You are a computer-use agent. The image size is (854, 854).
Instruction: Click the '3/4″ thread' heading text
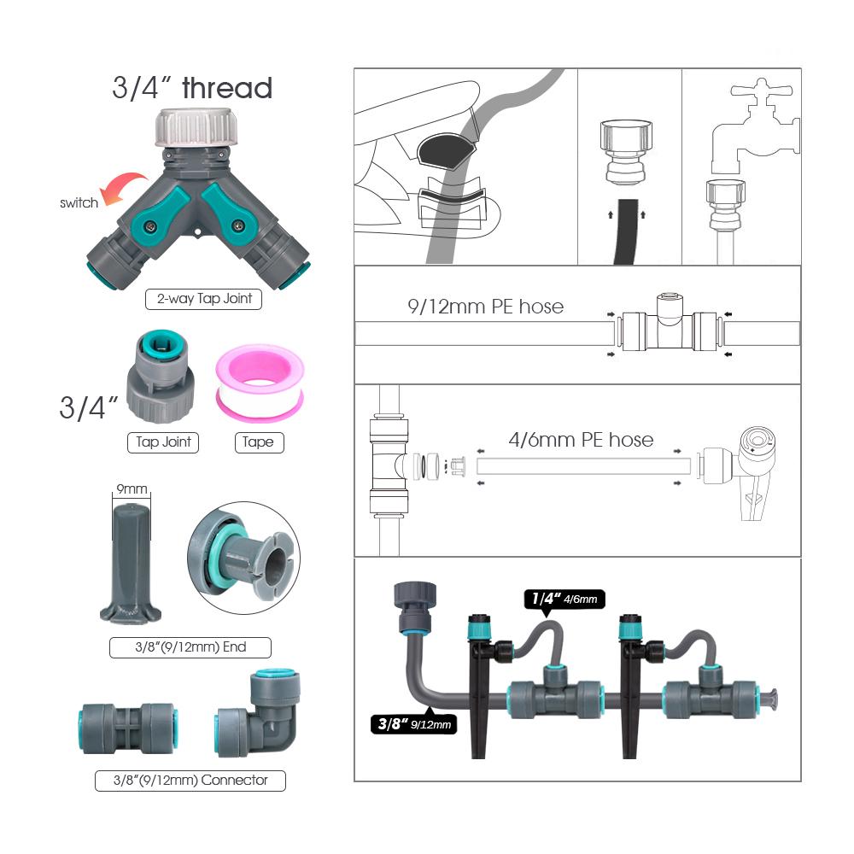(192, 88)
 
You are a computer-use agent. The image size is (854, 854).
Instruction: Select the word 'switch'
(79, 203)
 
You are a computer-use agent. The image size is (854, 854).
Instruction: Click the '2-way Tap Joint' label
(203, 300)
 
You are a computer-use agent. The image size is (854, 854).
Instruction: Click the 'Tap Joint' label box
(163, 442)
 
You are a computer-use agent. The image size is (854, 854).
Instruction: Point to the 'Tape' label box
(259, 442)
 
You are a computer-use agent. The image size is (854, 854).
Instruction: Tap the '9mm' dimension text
(132, 489)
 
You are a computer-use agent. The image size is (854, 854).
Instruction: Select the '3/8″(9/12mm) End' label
(190, 647)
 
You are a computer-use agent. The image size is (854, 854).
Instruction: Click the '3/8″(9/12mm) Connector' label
(190, 780)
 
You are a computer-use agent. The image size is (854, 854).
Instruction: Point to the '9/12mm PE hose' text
(484, 306)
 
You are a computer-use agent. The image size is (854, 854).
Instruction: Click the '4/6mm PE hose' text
(581, 440)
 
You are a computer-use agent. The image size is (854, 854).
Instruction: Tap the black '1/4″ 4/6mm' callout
(564, 600)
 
